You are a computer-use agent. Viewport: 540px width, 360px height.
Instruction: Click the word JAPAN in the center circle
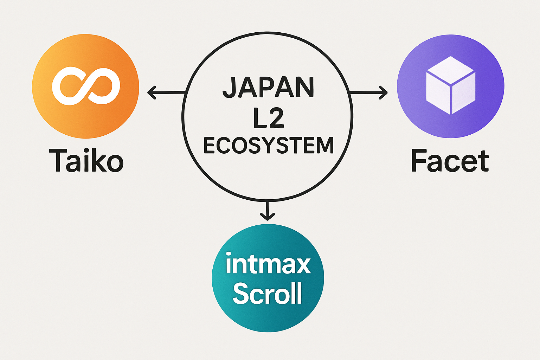pyautogui.click(x=268, y=88)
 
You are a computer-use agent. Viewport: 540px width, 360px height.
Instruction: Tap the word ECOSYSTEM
pyautogui.click(x=268, y=146)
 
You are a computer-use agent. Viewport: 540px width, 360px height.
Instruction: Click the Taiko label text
pyautogui.click(x=86, y=161)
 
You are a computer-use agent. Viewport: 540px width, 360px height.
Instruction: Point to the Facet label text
pyautogui.click(x=450, y=161)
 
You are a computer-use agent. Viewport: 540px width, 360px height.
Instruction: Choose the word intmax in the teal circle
pyautogui.click(x=268, y=264)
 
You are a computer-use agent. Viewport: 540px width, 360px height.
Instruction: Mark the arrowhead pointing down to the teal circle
pyautogui.click(x=268, y=217)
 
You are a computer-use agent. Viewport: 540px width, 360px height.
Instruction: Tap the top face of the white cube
pyautogui.click(x=450, y=70)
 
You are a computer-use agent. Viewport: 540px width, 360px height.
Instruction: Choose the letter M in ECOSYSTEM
pyautogui.click(x=324, y=146)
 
